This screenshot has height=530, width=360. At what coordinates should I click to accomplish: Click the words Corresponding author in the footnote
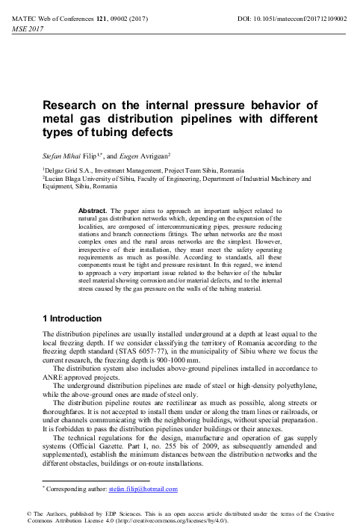[77, 490]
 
